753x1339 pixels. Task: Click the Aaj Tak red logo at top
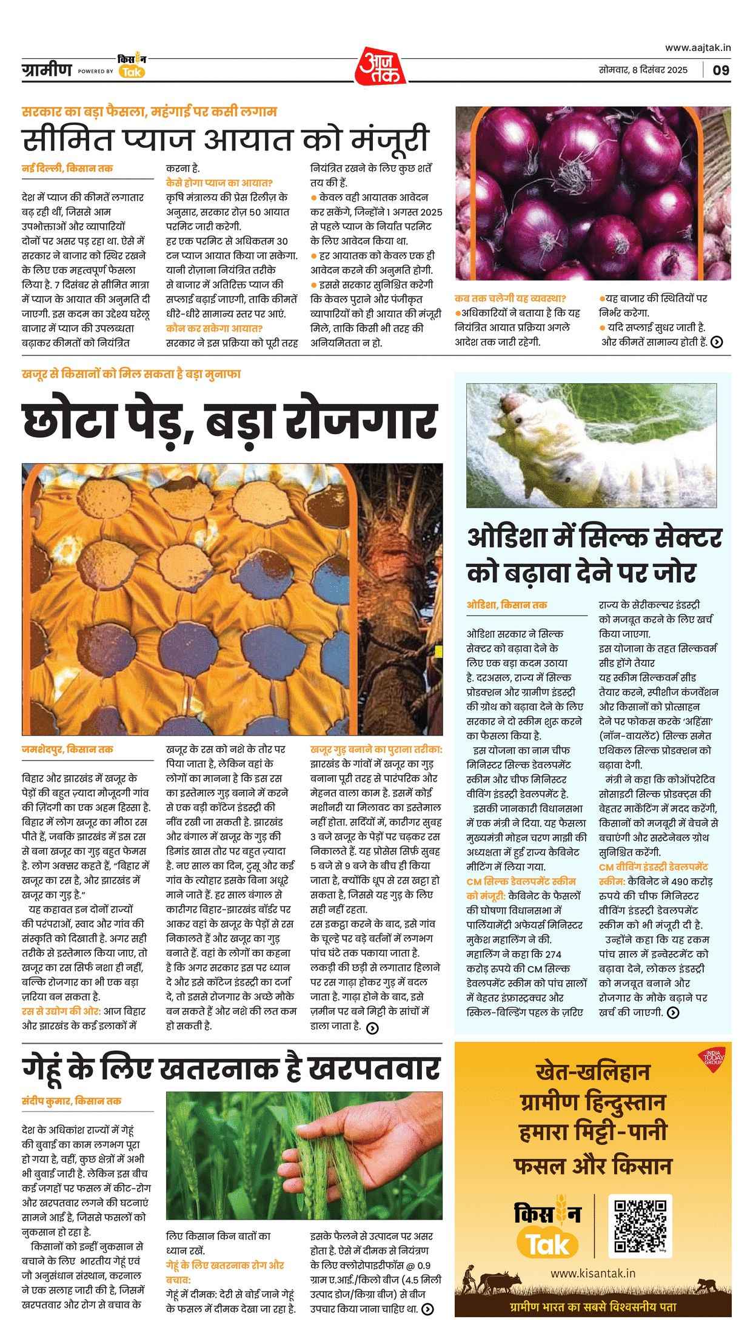coord(376,65)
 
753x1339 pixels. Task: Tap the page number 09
coord(721,70)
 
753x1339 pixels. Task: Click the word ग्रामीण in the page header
coord(46,69)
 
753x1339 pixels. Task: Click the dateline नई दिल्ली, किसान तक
coord(67,168)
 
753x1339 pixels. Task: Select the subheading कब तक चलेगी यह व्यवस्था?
coord(510,298)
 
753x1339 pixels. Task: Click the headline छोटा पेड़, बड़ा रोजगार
coord(230,420)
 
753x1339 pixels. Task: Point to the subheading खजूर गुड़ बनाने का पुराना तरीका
coord(376,749)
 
